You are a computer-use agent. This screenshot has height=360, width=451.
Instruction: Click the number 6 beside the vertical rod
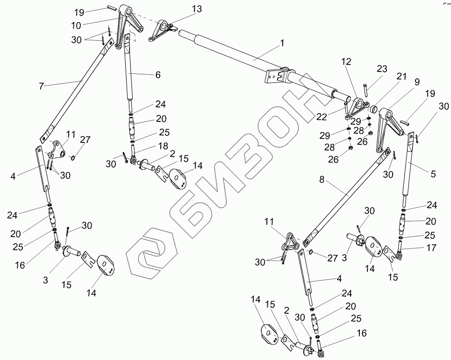coord(157,75)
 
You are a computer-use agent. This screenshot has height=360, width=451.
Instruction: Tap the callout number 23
coord(382,69)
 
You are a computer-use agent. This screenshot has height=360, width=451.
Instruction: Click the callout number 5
coord(433,174)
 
